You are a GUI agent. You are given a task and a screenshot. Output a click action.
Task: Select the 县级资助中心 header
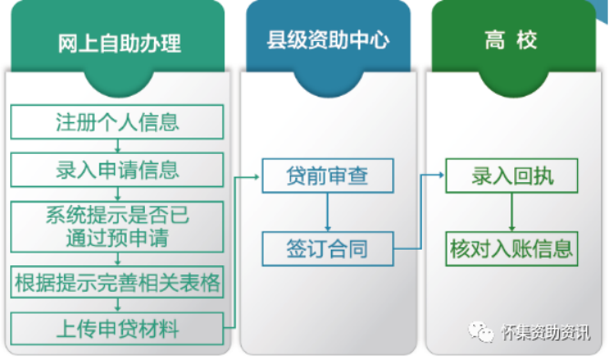[327, 42]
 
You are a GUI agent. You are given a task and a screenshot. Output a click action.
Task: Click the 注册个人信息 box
[118, 121]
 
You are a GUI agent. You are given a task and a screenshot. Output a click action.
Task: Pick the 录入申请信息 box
[118, 170]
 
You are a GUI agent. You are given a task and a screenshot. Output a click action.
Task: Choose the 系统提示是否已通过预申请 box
[118, 226]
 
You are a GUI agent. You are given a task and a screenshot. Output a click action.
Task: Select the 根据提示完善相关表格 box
[118, 283]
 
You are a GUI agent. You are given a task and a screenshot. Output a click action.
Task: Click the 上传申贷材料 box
[118, 326]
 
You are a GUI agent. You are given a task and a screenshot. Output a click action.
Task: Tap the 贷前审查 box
[327, 175]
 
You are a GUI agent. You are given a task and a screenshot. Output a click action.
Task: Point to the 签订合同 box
[327, 248]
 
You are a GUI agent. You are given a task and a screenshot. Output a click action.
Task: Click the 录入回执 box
[511, 175]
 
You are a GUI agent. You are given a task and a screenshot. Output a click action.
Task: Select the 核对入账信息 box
[511, 248]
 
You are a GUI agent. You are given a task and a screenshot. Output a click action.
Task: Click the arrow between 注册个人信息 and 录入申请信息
[118, 146]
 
